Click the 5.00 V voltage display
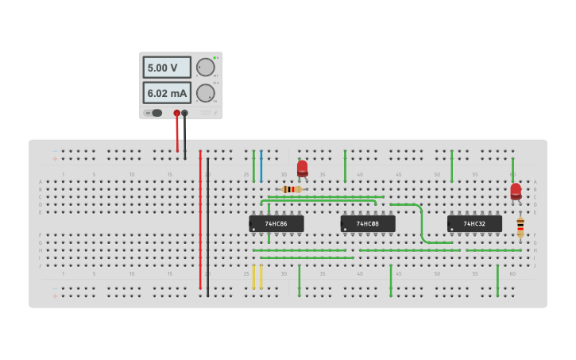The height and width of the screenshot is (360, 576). click(167, 68)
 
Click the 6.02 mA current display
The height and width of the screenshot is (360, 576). click(167, 93)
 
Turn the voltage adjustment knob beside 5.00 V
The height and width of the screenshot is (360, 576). click(205, 68)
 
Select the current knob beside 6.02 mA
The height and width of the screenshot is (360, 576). click(205, 93)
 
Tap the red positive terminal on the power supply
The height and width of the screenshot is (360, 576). click(177, 114)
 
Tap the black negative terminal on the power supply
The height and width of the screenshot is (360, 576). click(185, 114)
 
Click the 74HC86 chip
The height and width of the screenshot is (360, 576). click(276, 224)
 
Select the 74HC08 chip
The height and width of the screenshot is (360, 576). click(368, 224)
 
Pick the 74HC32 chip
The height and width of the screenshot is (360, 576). click(474, 224)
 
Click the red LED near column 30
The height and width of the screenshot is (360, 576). click(303, 168)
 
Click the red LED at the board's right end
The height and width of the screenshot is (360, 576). click(516, 191)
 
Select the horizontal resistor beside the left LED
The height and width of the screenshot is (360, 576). click(292, 189)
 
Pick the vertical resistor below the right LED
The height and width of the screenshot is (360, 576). click(520, 227)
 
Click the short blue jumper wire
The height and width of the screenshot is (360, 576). click(261, 167)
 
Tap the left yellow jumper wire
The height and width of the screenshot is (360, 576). click(253, 277)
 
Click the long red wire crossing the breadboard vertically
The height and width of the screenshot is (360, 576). click(200, 223)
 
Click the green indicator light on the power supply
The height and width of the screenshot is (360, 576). click(215, 58)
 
